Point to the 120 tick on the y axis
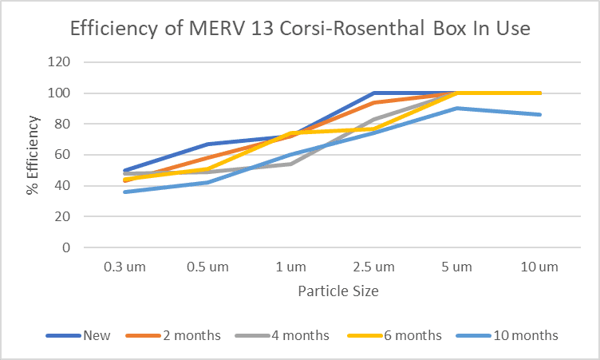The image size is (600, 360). pyautogui.click(x=60, y=62)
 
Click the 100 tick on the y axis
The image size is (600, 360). pyautogui.click(x=60, y=93)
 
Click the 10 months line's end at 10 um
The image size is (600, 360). pyautogui.click(x=540, y=114)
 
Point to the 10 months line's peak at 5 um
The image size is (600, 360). pyautogui.click(x=457, y=108)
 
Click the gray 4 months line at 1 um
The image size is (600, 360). pyautogui.click(x=290, y=164)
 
